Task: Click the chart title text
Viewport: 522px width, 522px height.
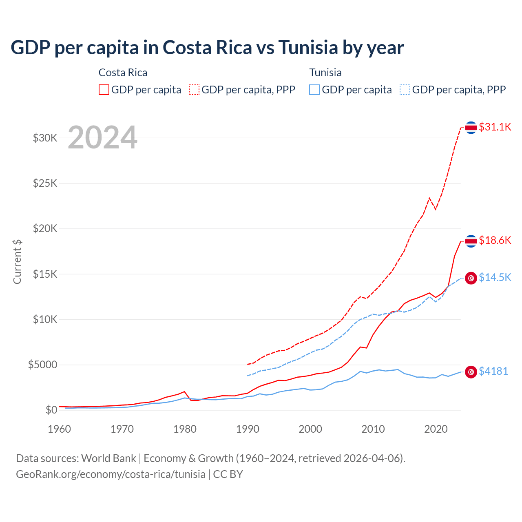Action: [207, 48]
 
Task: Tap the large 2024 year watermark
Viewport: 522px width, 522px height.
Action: [102, 137]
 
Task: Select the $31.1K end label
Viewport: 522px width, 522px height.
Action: [495, 127]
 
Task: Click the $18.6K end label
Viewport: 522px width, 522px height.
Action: [495, 240]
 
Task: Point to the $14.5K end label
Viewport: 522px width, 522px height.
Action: [495, 278]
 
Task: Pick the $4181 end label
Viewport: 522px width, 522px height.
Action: [493, 371]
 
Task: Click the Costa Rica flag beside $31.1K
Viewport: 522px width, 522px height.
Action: [471, 128]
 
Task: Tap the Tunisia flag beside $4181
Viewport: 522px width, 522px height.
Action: [471, 372]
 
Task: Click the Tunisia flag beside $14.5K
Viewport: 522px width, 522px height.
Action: [471, 278]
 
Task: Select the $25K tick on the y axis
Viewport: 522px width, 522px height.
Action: [45, 183]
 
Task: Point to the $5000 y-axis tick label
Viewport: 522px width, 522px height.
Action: [43, 365]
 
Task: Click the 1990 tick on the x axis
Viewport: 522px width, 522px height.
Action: [248, 429]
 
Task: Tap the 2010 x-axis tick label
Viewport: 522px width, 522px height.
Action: [373, 429]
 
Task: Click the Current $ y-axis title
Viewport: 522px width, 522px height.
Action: [17, 261]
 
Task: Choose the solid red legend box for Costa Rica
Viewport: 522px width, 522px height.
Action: [104, 90]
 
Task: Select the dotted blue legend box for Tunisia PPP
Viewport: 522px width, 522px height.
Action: [405, 90]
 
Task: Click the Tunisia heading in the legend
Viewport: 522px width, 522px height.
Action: [325, 73]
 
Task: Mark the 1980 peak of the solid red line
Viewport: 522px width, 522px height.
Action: [184, 391]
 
